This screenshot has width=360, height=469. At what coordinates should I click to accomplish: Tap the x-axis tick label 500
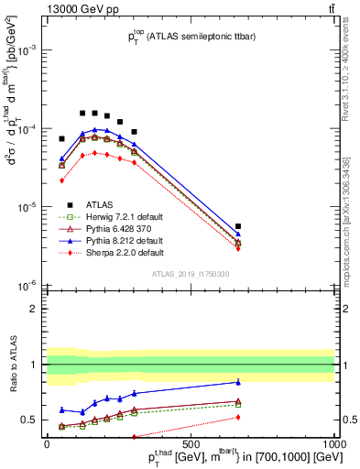pos(191,443)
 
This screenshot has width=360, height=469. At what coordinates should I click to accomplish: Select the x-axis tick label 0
pos(46,443)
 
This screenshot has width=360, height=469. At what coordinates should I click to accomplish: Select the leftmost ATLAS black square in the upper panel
pos(61,138)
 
